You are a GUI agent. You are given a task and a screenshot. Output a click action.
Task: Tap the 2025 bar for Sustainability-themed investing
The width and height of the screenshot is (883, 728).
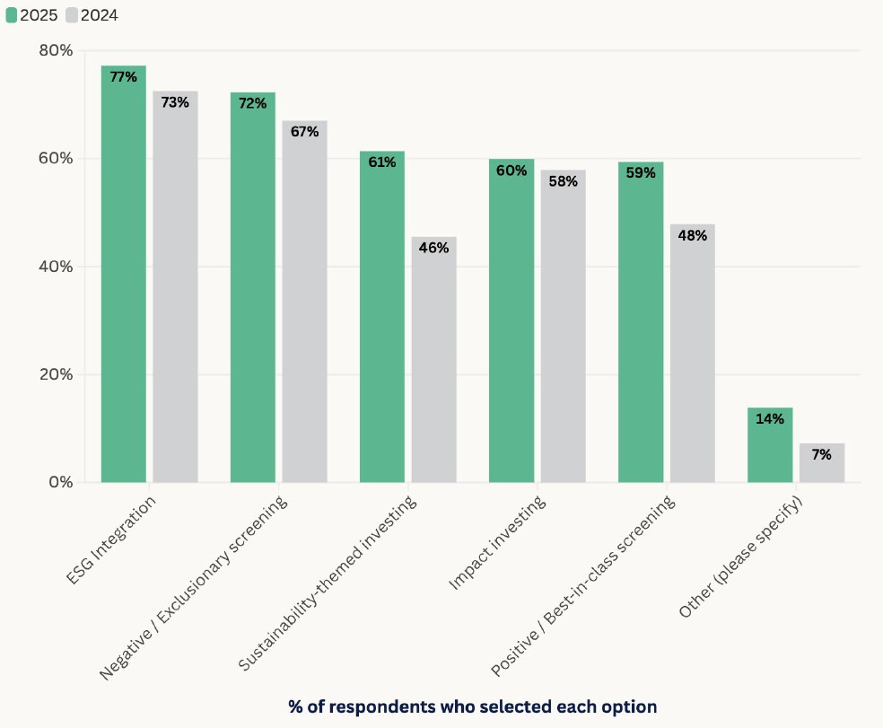382,323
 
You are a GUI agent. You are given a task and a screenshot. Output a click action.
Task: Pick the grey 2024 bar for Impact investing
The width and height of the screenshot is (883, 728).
563,332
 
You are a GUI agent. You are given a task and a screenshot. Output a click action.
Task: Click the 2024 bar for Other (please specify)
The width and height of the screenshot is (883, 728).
822,465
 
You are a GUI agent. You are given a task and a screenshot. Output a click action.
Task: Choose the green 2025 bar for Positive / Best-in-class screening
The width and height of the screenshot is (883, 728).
641,328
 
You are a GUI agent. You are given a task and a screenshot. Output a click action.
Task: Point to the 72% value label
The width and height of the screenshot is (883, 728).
252,103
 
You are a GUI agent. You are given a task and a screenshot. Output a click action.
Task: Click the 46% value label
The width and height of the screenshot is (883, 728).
433,248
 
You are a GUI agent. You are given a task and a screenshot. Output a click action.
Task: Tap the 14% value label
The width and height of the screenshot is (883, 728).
769,418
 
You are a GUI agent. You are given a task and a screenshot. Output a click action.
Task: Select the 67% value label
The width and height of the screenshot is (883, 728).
304,131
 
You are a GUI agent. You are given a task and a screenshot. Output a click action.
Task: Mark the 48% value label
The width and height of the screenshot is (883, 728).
692,235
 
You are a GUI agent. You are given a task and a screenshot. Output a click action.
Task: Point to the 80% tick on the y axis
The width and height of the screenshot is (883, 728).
56,50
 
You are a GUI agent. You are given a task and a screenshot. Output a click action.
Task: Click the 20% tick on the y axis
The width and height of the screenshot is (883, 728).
56,374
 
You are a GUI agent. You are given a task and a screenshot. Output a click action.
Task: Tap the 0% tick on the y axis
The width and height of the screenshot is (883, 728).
60,482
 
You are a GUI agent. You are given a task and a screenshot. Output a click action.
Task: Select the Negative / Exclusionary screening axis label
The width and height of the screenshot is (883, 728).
195,587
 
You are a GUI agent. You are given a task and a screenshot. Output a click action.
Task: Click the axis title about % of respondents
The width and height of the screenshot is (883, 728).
472,706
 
